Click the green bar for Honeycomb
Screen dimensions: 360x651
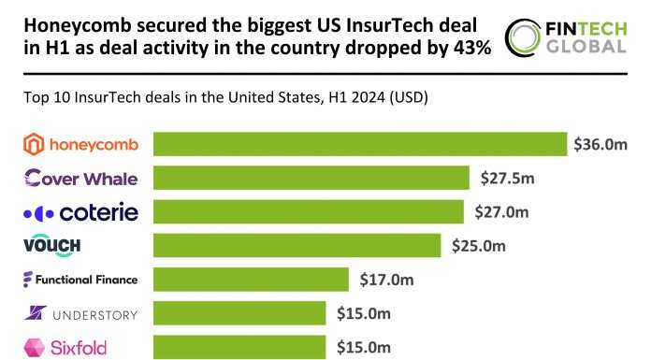tap(360, 144)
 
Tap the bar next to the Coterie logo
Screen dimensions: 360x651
tap(308, 211)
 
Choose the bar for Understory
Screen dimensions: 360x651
tap(239, 312)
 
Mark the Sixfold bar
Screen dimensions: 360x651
tap(239, 346)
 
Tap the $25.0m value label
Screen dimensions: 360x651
tap(479, 245)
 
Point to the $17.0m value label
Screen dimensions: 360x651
tap(386, 279)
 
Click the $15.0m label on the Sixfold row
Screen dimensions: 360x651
tap(364, 346)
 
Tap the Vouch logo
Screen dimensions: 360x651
tap(51, 245)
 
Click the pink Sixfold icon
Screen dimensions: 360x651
tap(34, 347)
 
